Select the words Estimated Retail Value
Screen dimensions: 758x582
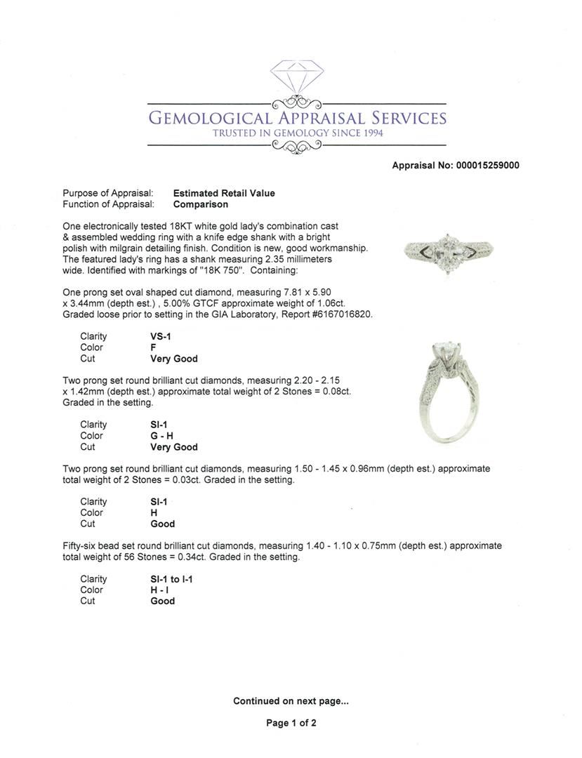[x=224, y=193]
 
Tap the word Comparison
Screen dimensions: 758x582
[x=200, y=204]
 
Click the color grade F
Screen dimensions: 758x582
[x=153, y=347]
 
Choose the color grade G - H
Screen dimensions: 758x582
[x=161, y=436]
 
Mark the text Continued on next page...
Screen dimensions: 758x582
[x=291, y=700]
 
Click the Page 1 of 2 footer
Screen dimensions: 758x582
[x=291, y=723]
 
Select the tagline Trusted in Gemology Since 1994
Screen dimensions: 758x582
[x=297, y=133]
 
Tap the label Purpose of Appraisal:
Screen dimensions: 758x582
[x=107, y=193]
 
